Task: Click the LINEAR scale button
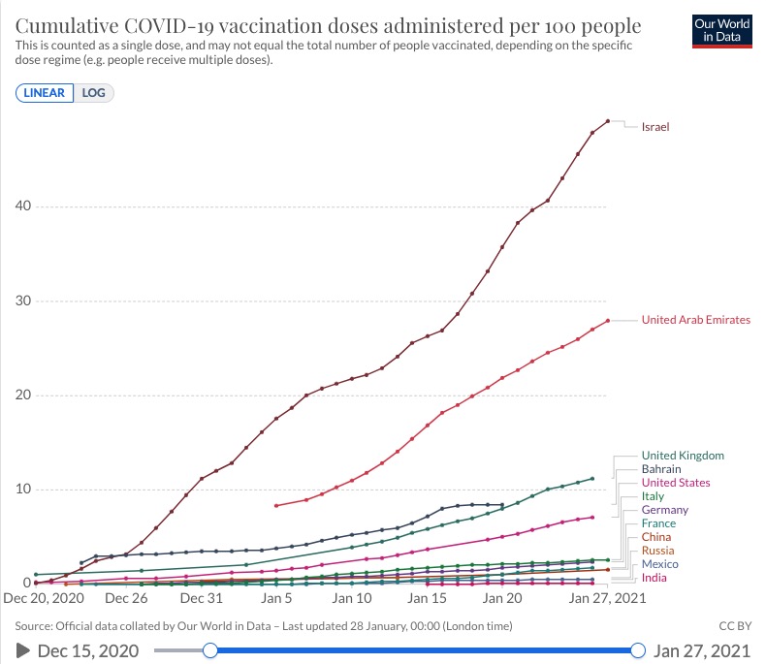45,93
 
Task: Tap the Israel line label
654,127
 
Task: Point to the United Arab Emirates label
695,320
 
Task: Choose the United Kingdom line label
682,456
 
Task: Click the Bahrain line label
661,469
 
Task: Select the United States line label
675,483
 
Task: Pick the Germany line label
664,510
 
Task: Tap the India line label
654,578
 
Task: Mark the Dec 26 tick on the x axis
126,599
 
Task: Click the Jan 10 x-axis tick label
352,599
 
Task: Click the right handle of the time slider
637,649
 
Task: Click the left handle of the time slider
208,649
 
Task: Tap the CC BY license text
733,625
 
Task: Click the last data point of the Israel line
607,121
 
